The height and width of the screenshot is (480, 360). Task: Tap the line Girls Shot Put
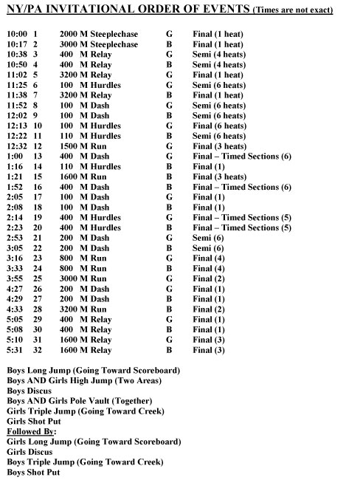(x=34, y=421)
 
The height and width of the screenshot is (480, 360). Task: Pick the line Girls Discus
(x=30, y=452)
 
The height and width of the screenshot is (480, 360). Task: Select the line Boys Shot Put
(x=33, y=472)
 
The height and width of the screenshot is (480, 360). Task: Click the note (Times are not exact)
(x=292, y=10)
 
